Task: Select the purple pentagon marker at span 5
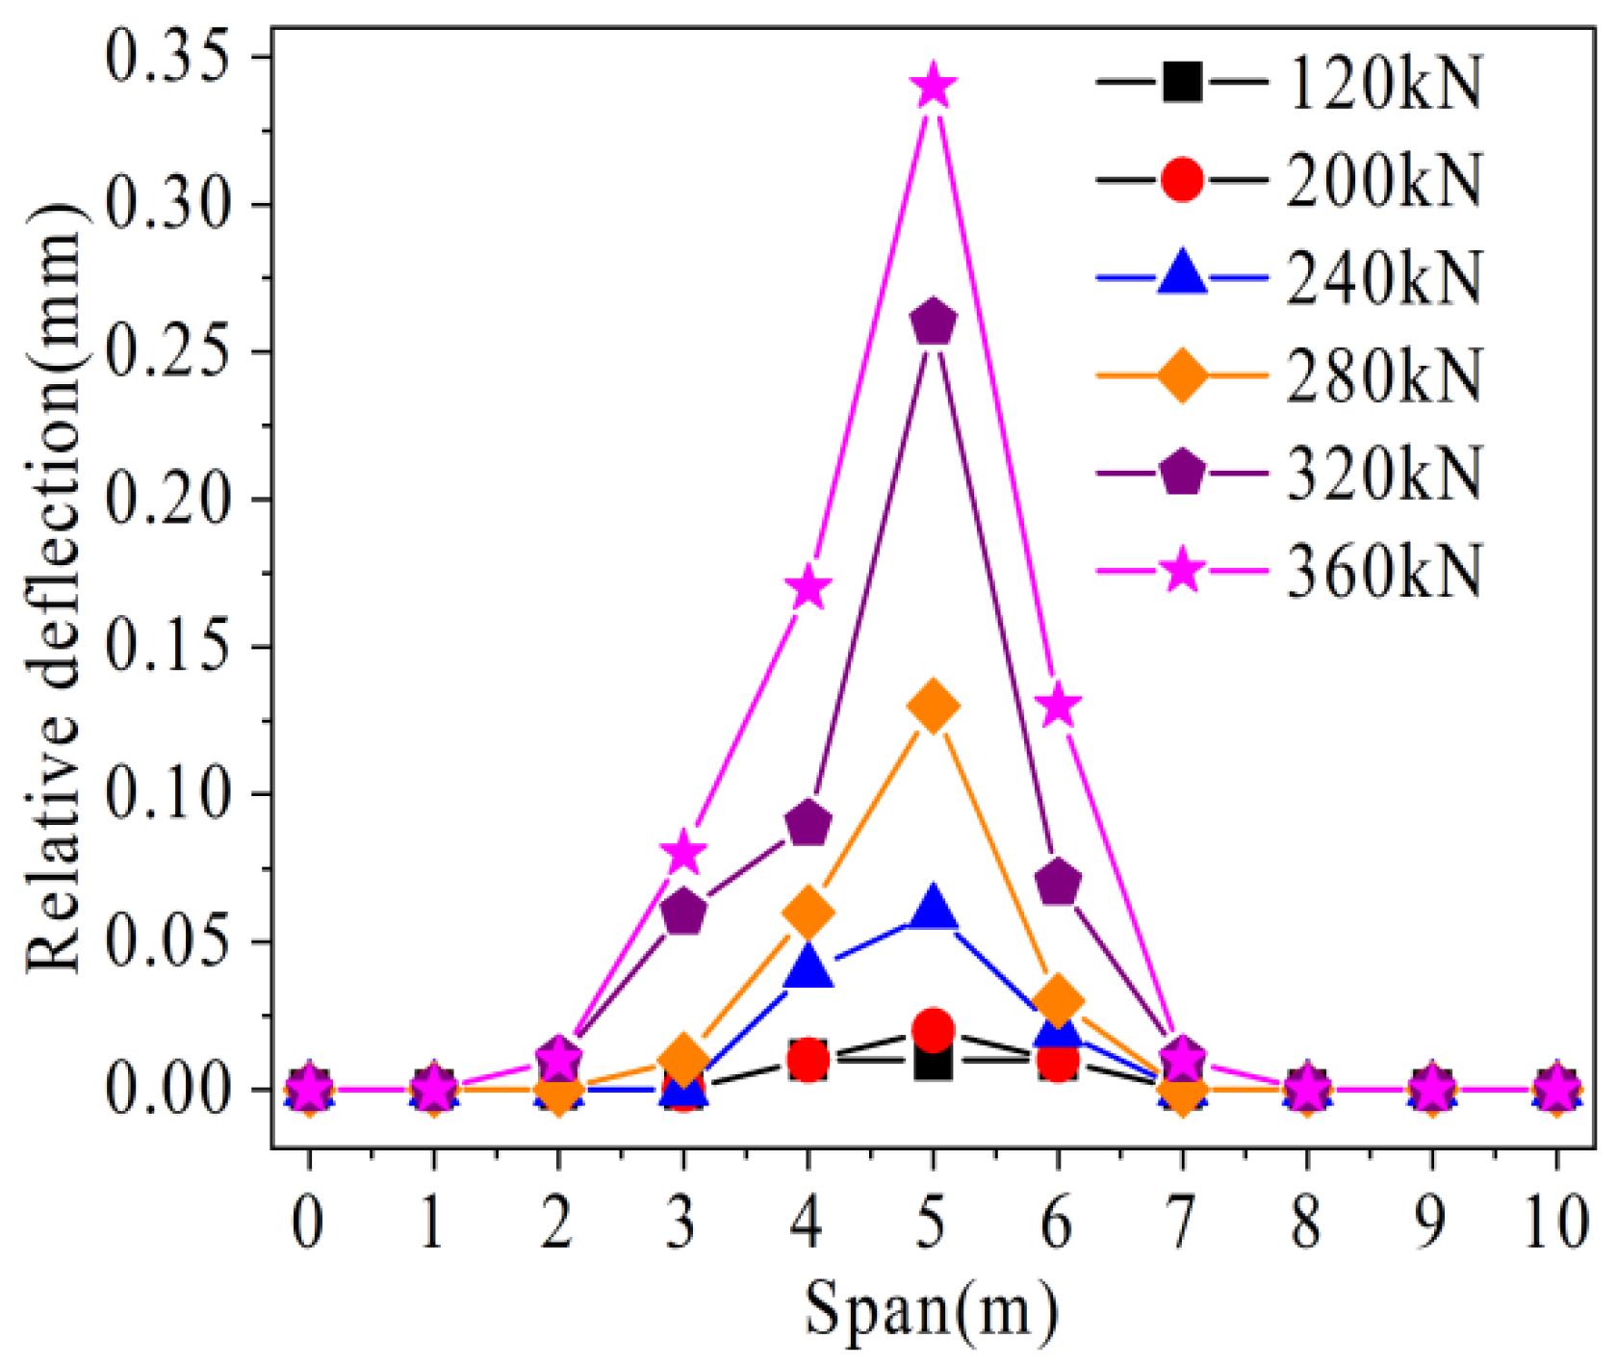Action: click(x=932, y=322)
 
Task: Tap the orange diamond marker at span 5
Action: click(x=932, y=706)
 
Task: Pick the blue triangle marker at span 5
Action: click(x=932, y=910)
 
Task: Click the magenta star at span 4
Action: click(x=808, y=588)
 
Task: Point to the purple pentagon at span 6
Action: click(x=1057, y=883)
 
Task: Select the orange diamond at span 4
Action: click(x=808, y=912)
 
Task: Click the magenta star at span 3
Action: click(x=683, y=852)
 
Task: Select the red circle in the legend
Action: click(x=1181, y=179)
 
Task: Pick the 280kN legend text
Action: click(x=1383, y=375)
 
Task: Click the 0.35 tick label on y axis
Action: click(x=168, y=56)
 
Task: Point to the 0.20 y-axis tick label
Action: click(x=168, y=499)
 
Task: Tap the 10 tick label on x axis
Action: click(x=1554, y=1223)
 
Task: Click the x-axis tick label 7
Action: click(x=1181, y=1223)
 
